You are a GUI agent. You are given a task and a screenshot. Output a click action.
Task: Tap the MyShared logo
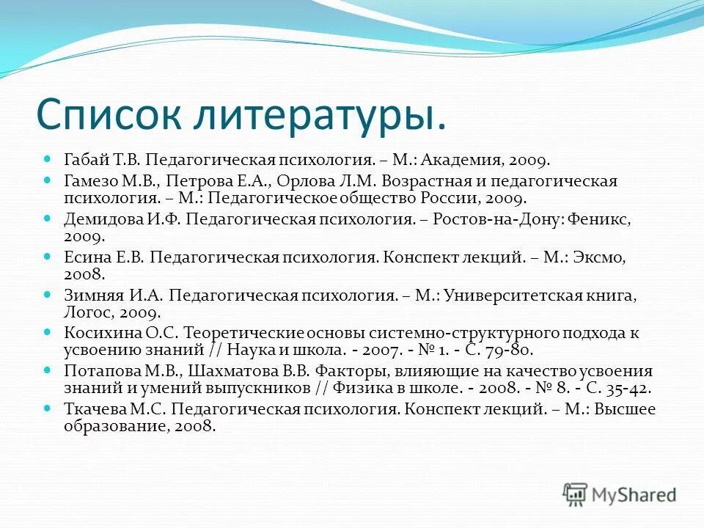click(x=620, y=494)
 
